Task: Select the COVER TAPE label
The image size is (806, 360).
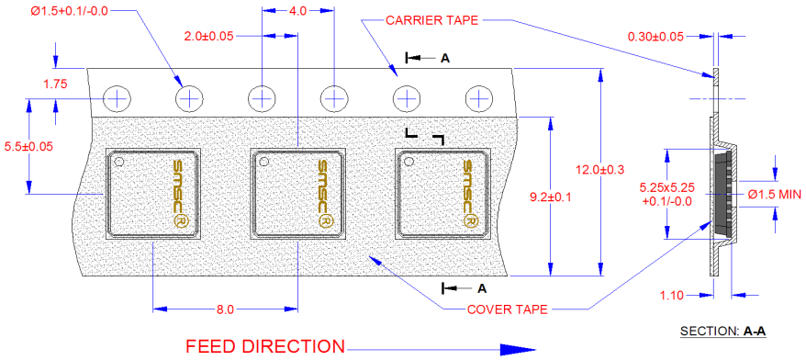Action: pyautogui.click(x=507, y=309)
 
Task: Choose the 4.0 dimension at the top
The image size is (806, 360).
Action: pyautogui.click(x=297, y=12)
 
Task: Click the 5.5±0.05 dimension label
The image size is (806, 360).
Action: pyautogui.click(x=28, y=145)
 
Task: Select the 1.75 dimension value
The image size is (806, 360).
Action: pyautogui.click(x=57, y=84)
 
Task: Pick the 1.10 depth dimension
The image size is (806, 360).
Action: pyautogui.click(x=673, y=296)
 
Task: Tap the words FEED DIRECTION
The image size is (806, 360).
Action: pyautogui.click(x=265, y=346)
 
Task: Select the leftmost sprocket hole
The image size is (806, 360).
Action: pyautogui.click(x=118, y=96)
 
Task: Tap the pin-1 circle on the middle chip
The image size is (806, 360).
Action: pyautogui.click(x=263, y=162)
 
